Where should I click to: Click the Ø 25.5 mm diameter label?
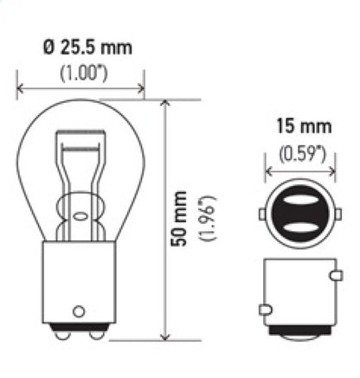(x=82, y=47)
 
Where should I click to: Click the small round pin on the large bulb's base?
(x=80, y=309)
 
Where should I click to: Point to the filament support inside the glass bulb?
(x=80, y=173)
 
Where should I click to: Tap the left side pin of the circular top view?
(x=261, y=214)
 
